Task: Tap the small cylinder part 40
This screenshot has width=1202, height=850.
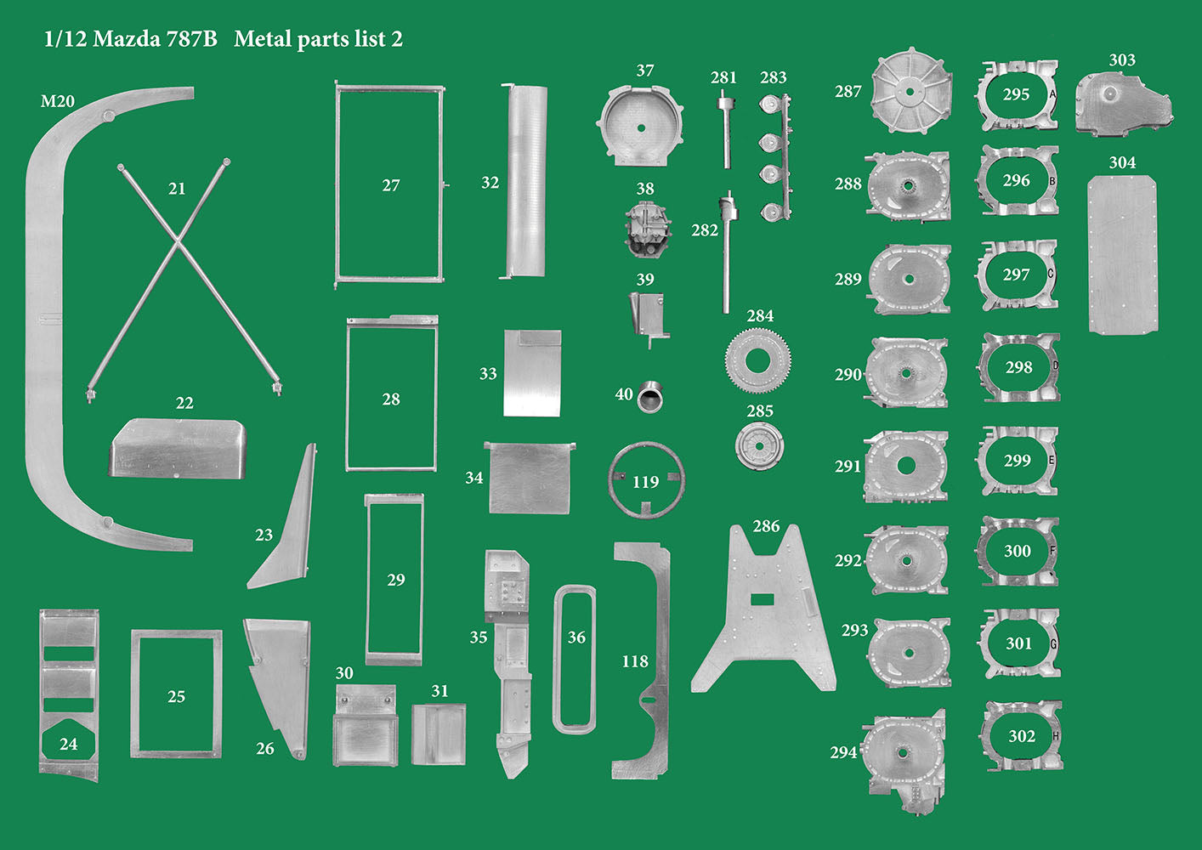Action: [651, 396]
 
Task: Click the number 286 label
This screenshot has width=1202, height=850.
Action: [766, 526]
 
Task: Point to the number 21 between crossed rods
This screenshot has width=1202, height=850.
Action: [177, 189]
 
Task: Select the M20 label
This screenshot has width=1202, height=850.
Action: [58, 101]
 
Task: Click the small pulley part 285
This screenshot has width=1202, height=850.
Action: [758, 445]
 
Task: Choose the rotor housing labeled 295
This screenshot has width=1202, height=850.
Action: [1018, 95]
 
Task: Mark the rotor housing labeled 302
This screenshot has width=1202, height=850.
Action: [1023, 736]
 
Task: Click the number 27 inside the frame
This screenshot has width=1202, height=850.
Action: [391, 185]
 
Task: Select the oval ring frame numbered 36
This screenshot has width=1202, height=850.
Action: [575, 659]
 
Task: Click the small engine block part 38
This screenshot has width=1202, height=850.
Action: [647, 228]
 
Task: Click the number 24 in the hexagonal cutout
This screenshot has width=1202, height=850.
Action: [69, 744]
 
